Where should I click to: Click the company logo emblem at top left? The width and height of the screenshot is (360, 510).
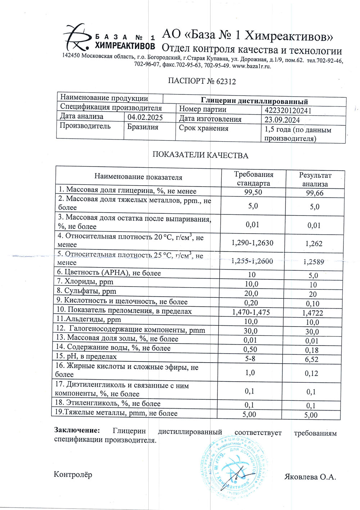coord(77,37)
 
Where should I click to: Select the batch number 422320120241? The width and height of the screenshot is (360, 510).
coord(288,111)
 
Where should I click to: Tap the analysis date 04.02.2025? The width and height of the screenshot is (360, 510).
coord(145,117)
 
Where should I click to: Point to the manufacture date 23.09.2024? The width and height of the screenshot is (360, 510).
coord(282,120)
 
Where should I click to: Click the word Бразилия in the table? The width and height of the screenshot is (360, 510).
coord(143,127)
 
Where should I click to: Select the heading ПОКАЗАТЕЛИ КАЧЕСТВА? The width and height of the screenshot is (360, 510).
coord(200,155)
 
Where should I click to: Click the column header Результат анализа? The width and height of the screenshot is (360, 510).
coord(315,179)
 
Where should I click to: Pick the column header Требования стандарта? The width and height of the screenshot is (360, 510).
coord(253,179)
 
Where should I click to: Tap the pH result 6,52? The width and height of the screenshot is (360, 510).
coord(312,359)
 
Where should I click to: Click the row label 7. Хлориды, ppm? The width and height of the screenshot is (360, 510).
coord(85,281)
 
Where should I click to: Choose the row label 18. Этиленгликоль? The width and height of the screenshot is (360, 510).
coord(108,403)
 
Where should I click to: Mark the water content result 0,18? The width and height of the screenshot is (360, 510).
coord(312,350)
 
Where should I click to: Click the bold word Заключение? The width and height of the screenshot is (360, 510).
coord(76,430)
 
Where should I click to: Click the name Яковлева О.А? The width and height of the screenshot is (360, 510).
coord(310,477)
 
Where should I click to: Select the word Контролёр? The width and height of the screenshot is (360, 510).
coord(73,474)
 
